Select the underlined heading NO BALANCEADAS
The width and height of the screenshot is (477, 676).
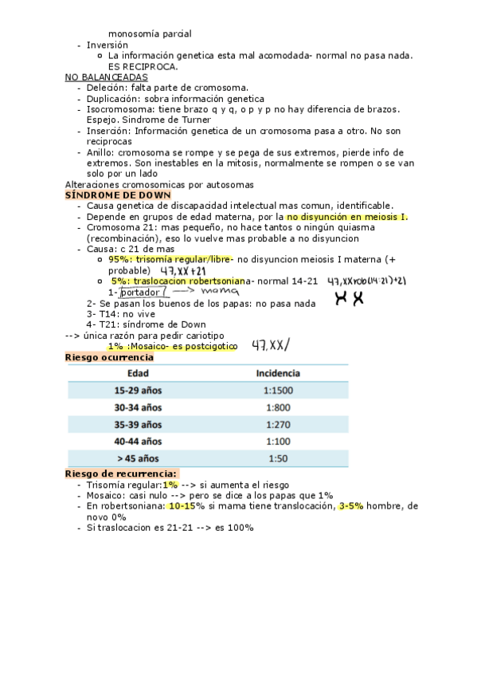point(106,77)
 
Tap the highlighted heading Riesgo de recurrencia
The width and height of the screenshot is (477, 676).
point(121,474)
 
